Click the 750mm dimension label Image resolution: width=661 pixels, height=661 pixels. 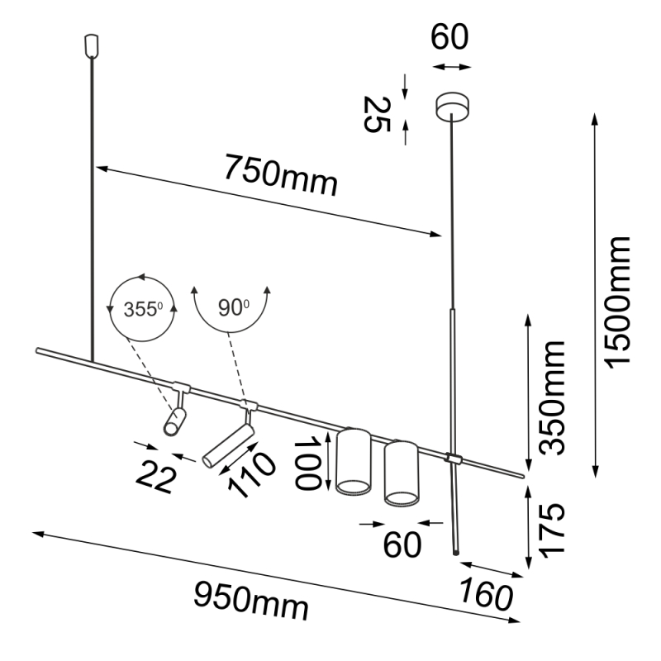281,176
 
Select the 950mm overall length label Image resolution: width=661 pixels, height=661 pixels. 251,600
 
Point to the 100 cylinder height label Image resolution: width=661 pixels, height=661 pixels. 311,464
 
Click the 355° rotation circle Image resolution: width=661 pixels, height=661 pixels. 142,309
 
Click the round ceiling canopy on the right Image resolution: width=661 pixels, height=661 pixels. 452,106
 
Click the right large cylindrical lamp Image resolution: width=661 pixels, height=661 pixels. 402,472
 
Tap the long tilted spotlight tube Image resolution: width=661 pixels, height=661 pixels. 228,446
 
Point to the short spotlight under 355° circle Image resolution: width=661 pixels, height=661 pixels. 175,421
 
